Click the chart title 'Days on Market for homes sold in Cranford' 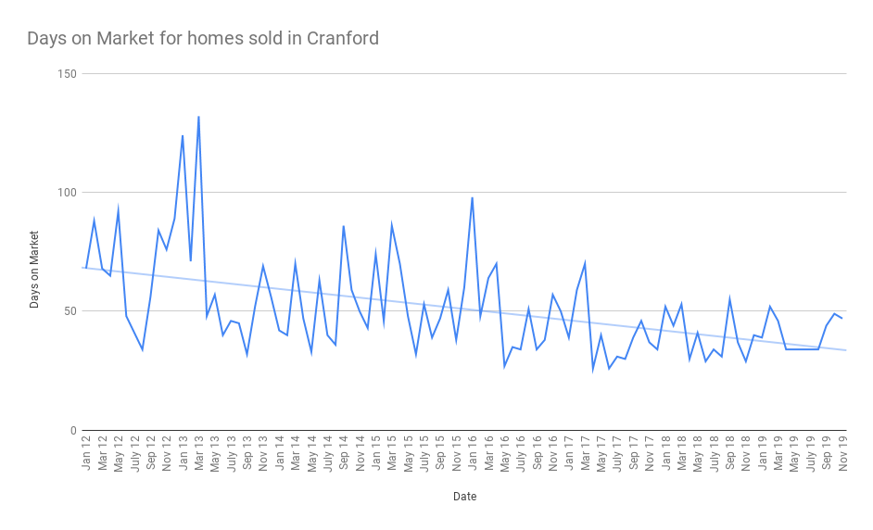coord(203,39)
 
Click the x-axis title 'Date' coord(464,497)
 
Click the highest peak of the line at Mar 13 coord(198,117)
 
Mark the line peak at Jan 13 coord(183,135)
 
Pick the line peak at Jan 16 coord(472,197)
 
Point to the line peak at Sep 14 coord(344,226)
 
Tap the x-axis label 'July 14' coord(327,453)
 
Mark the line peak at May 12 coord(118,210)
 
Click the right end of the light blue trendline coord(845,350)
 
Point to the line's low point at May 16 coord(504,367)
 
